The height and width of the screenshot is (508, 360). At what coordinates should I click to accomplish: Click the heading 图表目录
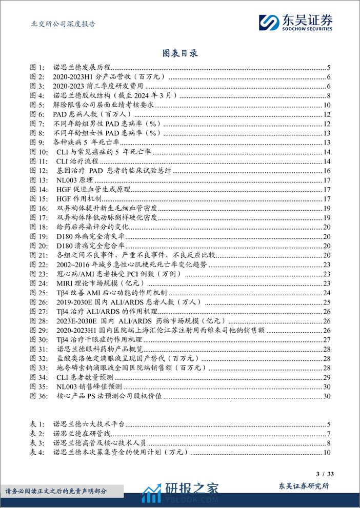point(179,53)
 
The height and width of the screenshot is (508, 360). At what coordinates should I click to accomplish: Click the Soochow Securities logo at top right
point(296,22)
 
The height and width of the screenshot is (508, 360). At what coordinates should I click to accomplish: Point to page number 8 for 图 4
point(328,95)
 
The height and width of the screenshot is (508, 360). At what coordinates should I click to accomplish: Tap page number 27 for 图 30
point(327,340)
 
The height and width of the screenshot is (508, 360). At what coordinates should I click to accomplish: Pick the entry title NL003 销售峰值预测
point(88,387)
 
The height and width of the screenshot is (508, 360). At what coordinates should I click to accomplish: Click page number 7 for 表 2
point(328,434)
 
